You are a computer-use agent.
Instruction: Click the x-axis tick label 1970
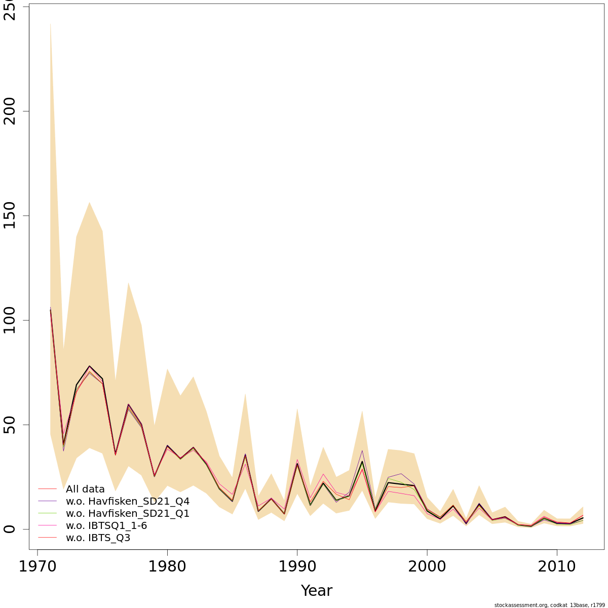pyautogui.click(x=37, y=566)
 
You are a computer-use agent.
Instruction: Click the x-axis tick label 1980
pyautogui.click(x=167, y=566)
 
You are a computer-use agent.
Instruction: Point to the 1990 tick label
pyautogui.click(x=297, y=566)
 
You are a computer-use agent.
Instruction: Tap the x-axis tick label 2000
pyautogui.click(x=427, y=566)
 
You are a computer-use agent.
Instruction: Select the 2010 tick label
pyautogui.click(x=557, y=566)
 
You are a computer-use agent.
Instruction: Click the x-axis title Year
pyautogui.click(x=317, y=591)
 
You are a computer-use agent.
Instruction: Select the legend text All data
pyautogui.click(x=85, y=489)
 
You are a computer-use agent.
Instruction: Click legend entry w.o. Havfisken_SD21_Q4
pyautogui.click(x=128, y=501)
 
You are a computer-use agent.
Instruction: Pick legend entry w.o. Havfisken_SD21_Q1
pyautogui.click(x=128, y=513)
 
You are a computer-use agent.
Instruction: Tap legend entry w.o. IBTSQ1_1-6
pyautogui.click(x=106, y=525)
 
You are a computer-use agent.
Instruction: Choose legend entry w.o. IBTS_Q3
pyautogui.click(x=98, y=538)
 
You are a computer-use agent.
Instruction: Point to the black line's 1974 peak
pyautogui.click(x=89, y=366)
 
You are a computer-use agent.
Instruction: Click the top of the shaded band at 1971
pyautogui.click(x=50, y=23)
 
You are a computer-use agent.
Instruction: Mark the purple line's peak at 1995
pyautogui.click(x=362, y=450)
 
